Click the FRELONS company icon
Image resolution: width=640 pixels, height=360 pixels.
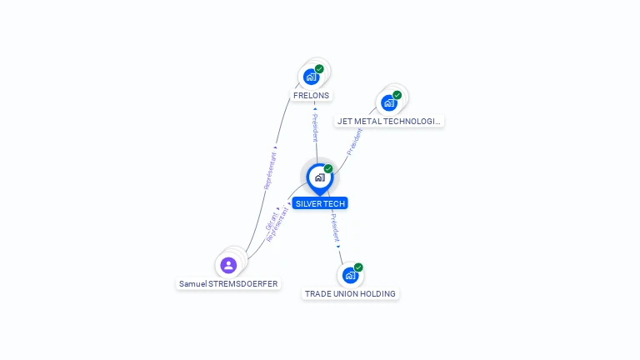[311, 77]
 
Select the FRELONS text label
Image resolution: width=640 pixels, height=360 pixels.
[312, 95]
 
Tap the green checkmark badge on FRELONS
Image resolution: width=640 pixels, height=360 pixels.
[319, 69]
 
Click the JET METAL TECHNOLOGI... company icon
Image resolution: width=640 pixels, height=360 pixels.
[388, 102]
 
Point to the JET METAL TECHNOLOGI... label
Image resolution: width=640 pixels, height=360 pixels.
[388, 121]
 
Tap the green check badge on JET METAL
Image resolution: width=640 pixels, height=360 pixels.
[397, 95]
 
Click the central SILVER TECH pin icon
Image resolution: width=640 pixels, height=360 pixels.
[319, 177]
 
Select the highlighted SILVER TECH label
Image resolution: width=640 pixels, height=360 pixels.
[320, 203]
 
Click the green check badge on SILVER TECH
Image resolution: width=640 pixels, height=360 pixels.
[328, 169]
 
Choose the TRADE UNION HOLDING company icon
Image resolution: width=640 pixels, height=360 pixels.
[350, 275]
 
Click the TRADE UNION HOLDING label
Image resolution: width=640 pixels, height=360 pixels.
[350, 293]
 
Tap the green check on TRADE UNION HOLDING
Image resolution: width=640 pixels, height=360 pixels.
[358, 267]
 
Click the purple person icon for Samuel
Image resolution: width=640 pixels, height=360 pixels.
[228, 265]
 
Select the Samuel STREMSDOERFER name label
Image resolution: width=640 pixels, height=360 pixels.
[228, 283]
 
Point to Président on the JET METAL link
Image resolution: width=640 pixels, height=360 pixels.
[355, 142]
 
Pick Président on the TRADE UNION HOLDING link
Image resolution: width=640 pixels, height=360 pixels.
[334, 227]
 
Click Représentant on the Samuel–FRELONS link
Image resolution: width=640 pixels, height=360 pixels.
[270, 170]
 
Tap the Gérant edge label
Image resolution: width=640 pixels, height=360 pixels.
[272, 221]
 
